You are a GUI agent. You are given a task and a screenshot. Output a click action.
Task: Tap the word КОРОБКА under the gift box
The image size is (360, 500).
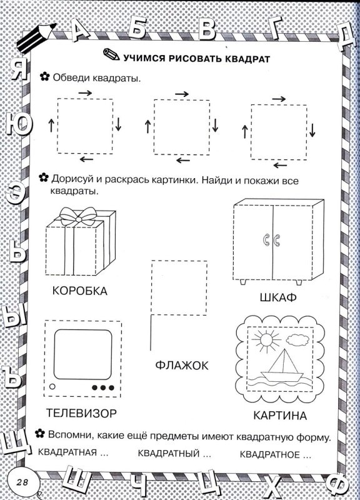coord(79,291)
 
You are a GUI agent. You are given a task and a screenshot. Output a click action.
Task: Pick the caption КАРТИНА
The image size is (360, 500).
coord(280,416)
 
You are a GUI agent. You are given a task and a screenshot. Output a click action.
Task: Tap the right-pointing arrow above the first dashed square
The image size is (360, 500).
coord(86,93)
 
